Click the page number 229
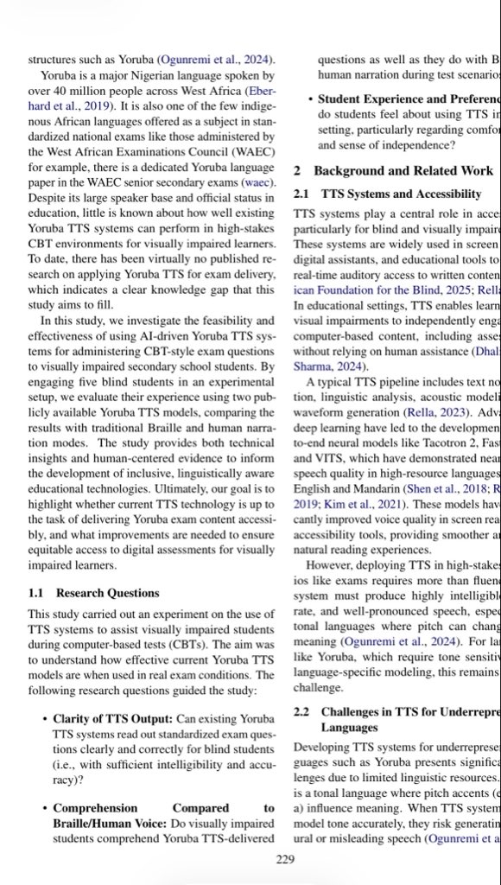(285, 858)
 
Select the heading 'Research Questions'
(107, 569)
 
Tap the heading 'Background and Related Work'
(403, 171)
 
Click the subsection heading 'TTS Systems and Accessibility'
(401, 194)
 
